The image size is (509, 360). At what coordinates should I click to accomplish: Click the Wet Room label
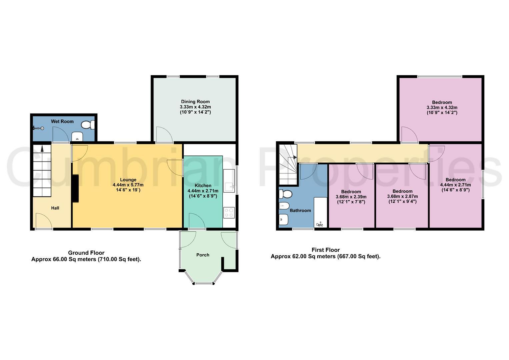(x=62, y=121)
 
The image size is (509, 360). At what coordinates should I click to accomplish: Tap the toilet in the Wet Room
(x=88, y=125)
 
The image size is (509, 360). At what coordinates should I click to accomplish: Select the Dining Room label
(x=195, y=102)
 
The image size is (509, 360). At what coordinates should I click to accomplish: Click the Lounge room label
(x=128, y=180)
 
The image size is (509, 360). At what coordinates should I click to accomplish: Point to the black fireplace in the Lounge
(x=76, y=188)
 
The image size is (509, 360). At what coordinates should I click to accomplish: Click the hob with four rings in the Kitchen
(x=229, y=213)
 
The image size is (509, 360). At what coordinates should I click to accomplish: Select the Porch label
(x=203, y=255)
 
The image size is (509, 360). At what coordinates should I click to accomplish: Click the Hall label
(x=55, y=208)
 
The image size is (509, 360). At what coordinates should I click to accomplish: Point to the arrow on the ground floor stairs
(x=42, y=149)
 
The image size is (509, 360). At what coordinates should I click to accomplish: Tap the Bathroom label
(x=300, y=210)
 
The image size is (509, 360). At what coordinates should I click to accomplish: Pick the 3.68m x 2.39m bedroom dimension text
(x=351, y=197)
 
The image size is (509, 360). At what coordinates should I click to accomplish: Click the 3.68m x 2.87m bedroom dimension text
(x=402, y=196)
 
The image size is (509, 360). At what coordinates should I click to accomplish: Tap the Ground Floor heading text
(x=86, y=253)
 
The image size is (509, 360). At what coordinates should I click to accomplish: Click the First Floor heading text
(x=326, y=250)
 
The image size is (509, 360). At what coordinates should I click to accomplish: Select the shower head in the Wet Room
(x=38, y=128)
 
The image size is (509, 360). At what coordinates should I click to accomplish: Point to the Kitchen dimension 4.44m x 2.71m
(x=203, y=191)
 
